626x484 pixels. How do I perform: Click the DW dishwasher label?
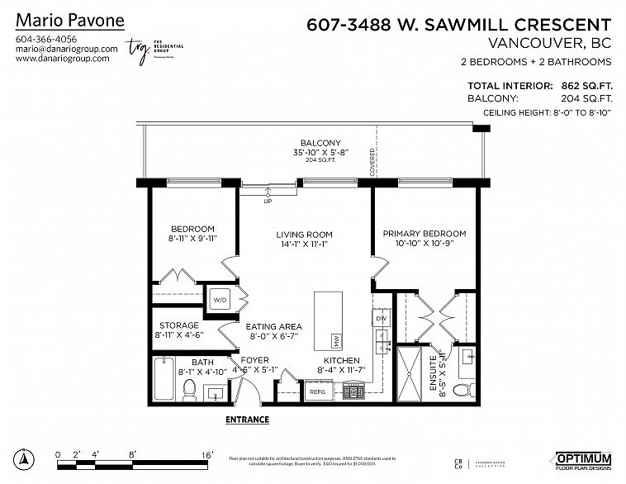[381, 318]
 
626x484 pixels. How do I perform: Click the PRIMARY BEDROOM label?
[424, 234]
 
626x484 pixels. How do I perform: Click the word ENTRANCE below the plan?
[247, 420]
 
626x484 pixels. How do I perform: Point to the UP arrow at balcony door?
[267, 199]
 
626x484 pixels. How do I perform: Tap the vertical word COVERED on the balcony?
[373, 162]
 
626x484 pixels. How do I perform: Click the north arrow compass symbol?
[26, 458]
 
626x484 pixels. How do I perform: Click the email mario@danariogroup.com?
[67, 49]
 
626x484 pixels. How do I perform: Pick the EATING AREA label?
[273, 326]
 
